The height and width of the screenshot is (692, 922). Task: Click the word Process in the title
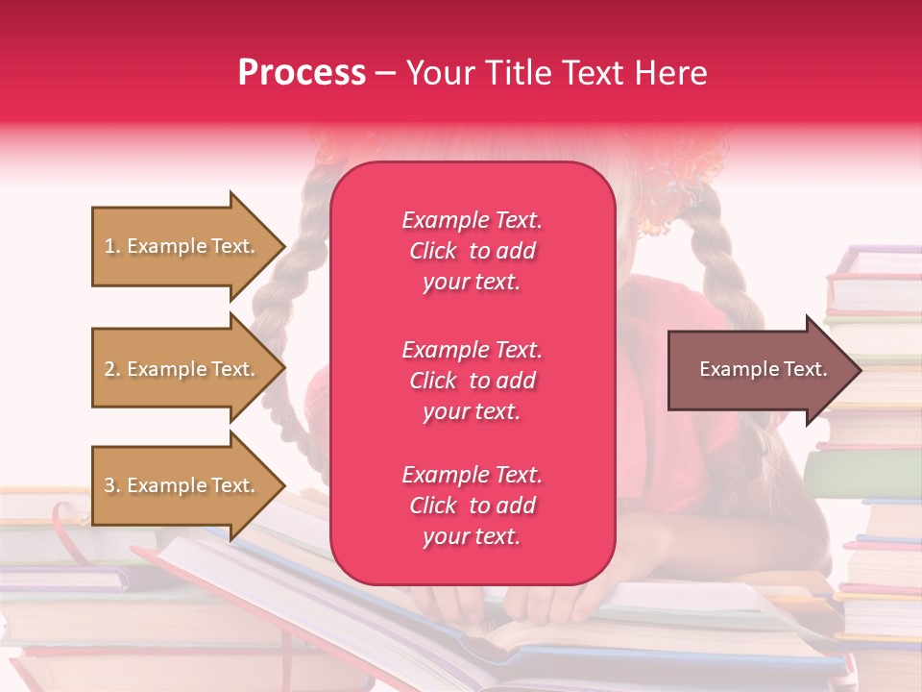point(302,73)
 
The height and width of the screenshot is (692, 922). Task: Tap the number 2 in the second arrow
point(109,369)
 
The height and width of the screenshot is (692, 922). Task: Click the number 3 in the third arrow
point(109,485)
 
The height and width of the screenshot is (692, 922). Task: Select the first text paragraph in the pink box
point(472,251)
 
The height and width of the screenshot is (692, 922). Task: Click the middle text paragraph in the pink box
point(472,381)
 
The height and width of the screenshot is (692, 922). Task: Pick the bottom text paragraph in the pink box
point(472,506)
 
